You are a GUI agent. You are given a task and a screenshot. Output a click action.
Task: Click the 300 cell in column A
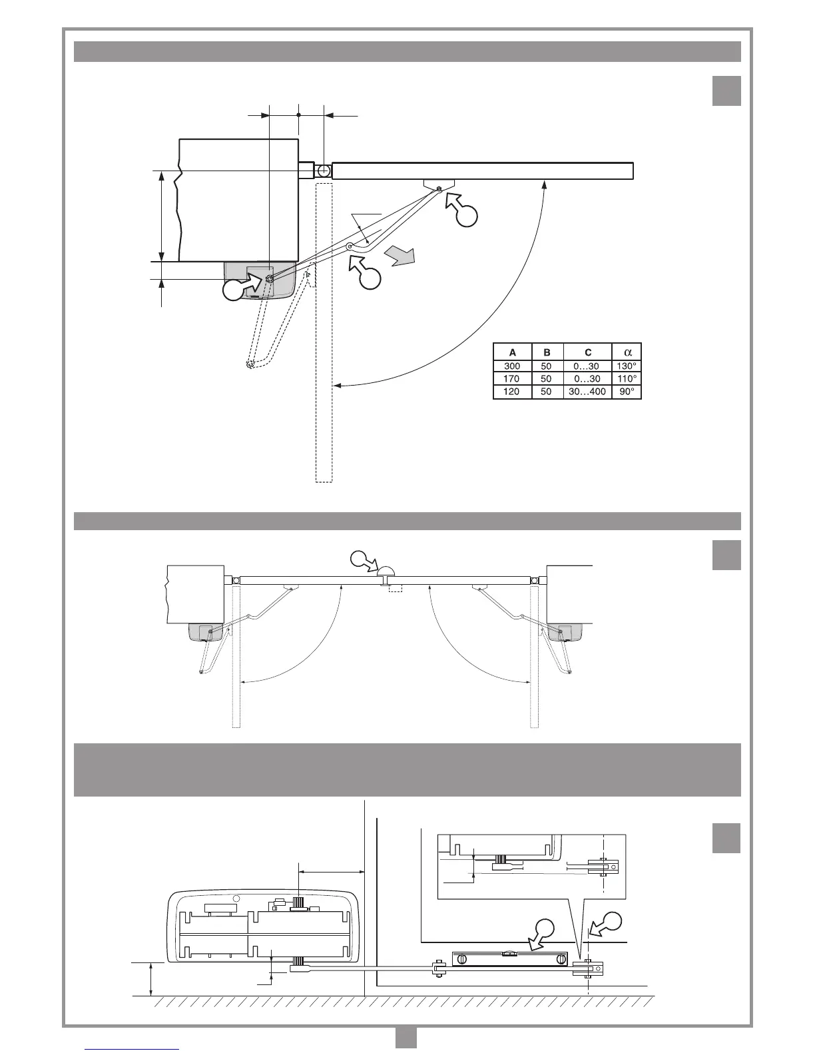[512, 366]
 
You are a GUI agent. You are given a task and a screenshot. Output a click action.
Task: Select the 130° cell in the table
[627, 366]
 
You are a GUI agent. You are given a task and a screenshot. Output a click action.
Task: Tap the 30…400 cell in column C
[587, 392]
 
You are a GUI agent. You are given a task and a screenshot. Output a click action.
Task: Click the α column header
[627, 352]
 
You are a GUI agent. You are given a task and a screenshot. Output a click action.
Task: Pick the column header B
[547, 352]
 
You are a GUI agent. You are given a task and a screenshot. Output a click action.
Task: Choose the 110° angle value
[627, 379]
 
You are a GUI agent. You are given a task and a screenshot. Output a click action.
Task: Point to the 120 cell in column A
[512, 392]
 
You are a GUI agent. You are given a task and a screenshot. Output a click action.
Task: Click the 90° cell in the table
[627, 392]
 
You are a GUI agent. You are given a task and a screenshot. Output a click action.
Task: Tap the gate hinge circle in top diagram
[323, 171]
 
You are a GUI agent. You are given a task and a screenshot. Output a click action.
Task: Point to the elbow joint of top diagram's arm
[350, 246]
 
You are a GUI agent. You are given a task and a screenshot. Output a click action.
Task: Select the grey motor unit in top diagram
[260, 280]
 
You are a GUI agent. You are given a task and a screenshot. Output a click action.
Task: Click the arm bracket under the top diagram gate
[438, 185]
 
